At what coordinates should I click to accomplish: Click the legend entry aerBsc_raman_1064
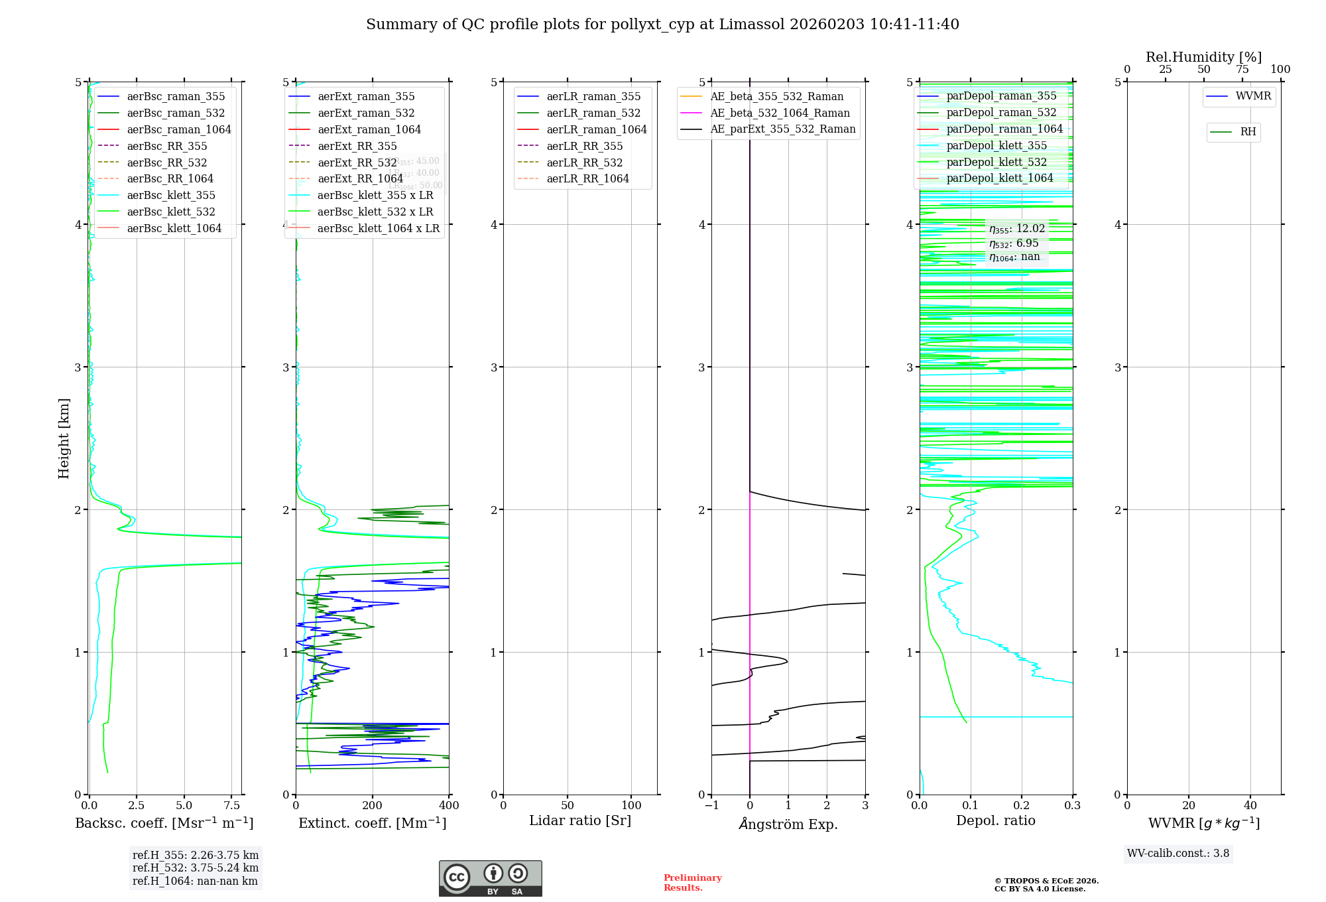[179, 129]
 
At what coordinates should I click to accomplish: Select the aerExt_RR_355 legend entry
[357, 146]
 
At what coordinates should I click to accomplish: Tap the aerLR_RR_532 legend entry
[584, 162]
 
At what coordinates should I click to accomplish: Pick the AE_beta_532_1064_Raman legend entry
[780, 113]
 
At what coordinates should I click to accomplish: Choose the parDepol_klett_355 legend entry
[996, 145]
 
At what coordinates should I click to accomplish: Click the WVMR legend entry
[1253, 96]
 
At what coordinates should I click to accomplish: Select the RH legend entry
[1248, 132]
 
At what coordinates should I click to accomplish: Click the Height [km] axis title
[64, 438]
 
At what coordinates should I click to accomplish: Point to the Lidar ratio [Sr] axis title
[580, 820]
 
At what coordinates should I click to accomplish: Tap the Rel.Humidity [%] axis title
[1203, 57]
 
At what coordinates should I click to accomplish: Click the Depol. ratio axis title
[995, 820]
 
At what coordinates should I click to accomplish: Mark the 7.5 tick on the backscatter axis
[231, 805]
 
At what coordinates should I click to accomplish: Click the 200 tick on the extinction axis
[373, 805]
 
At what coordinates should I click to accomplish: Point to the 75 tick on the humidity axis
[1242, 69]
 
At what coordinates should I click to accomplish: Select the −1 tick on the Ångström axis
[711, 805]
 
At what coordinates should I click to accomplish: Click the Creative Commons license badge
[490, 878]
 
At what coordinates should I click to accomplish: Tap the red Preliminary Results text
[692, 882]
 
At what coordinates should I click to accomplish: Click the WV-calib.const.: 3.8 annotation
[1178, 854]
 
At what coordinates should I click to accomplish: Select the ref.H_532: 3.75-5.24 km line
[196, 868]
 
